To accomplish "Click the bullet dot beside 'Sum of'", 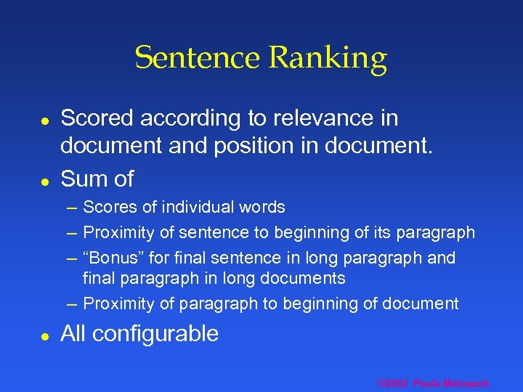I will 44,179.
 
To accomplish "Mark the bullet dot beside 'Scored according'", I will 44,118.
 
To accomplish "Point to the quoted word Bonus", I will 108,258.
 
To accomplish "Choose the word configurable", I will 155,334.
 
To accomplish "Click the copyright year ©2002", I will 393,383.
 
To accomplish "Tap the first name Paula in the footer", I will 428,383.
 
